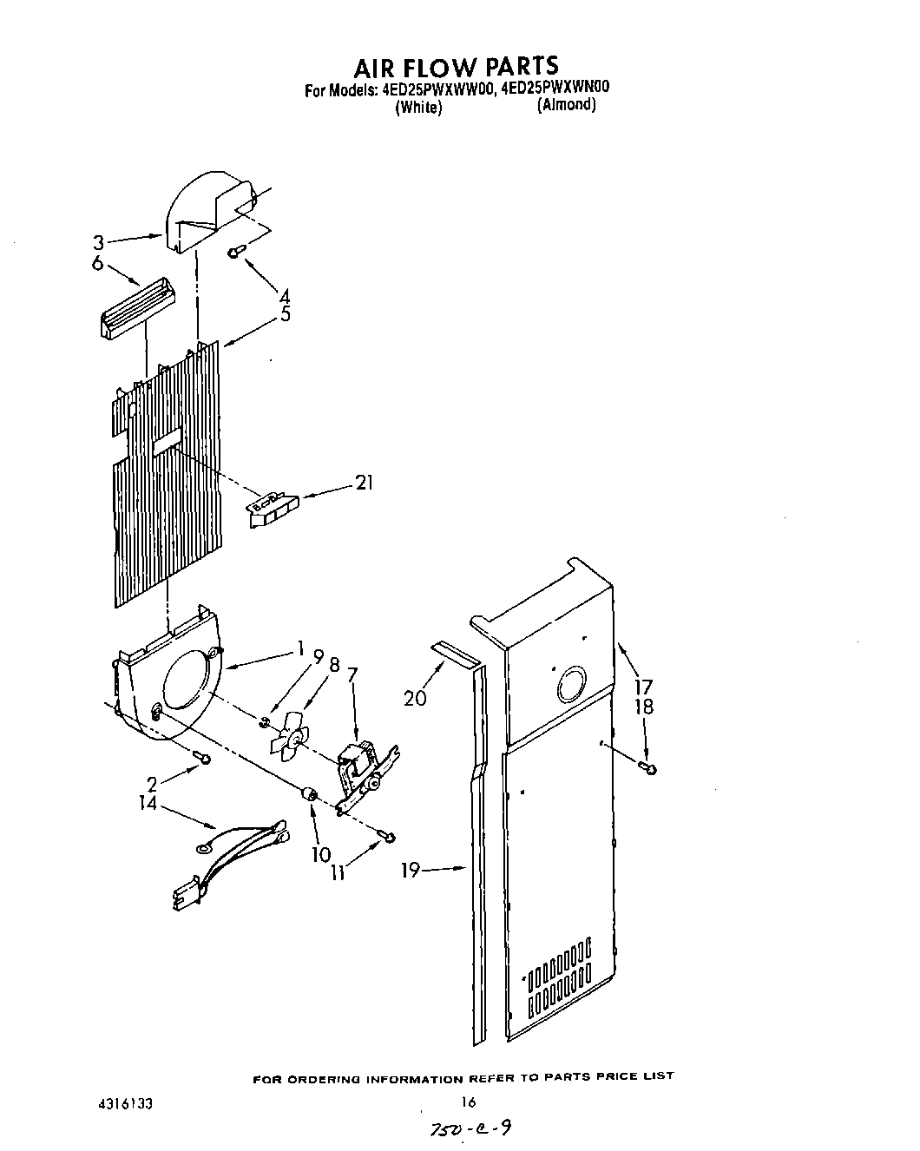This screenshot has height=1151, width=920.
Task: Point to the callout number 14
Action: coord(148,804)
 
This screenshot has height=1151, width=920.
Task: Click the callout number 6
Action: coord(97,263)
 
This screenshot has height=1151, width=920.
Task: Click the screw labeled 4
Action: coord(237,252)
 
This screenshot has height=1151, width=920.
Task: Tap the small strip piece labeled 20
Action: coord(457,656)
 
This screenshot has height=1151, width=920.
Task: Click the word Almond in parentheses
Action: coord(566,105)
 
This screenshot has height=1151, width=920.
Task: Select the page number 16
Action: coord(469,1102)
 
